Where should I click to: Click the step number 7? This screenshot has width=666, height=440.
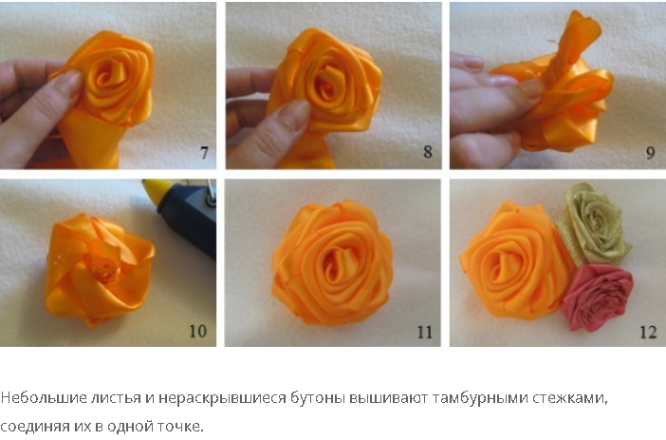click(204, 153)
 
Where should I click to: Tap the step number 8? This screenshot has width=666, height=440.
click(428, 152)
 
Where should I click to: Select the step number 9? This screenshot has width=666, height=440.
click(650, 153)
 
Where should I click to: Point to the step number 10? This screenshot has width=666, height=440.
click(197, 331)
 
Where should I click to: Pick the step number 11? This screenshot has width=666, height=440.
click(424, 332)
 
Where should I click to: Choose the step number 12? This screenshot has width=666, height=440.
click(648, 332)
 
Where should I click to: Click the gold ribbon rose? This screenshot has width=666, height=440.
click(593, 224)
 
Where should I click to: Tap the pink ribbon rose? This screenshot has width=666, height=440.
click(598, 297)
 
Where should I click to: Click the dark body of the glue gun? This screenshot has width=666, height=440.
click(189, 215)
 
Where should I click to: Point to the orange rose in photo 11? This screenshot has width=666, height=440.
click(332, 263)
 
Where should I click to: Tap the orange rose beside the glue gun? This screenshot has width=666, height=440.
click(99, 269)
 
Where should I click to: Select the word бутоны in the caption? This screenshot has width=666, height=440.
click(317, 399)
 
